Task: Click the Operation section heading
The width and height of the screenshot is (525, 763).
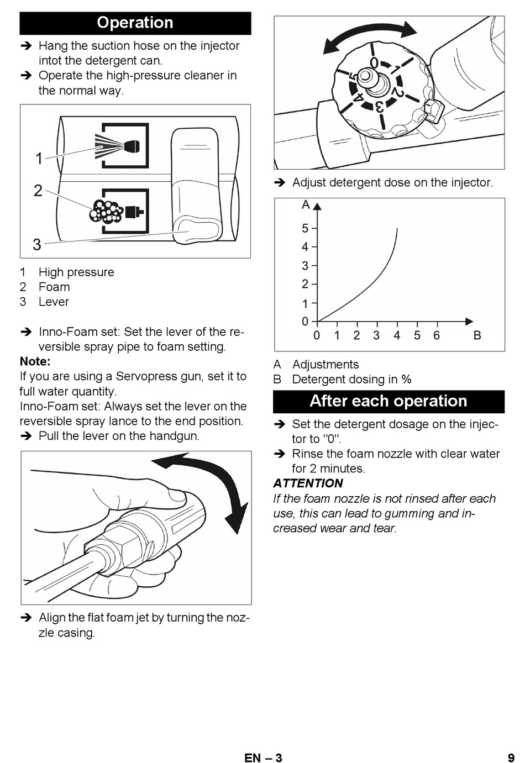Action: tap(135, 23)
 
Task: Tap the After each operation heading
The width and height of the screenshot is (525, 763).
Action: tap(389, 401)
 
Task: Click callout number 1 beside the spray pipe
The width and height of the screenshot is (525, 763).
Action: tap(39, 159)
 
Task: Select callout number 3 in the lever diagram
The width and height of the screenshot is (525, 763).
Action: tap(37, 244)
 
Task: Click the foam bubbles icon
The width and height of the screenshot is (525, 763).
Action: tap(106, 212)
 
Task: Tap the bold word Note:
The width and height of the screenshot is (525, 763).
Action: tap(35, 361)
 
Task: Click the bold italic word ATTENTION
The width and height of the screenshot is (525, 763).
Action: tap(308, 483)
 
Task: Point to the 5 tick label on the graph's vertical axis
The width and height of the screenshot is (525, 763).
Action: tap(305, 228)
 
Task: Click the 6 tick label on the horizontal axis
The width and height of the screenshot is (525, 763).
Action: tap(437, 335)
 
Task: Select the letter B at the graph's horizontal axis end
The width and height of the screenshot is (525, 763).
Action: tap(477, 335)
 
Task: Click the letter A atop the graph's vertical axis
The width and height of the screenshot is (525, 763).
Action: tap(306, 205)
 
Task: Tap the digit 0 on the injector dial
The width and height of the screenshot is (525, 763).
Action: tap(374, 62)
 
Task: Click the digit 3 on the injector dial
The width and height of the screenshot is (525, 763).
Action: tap(380, 107)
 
